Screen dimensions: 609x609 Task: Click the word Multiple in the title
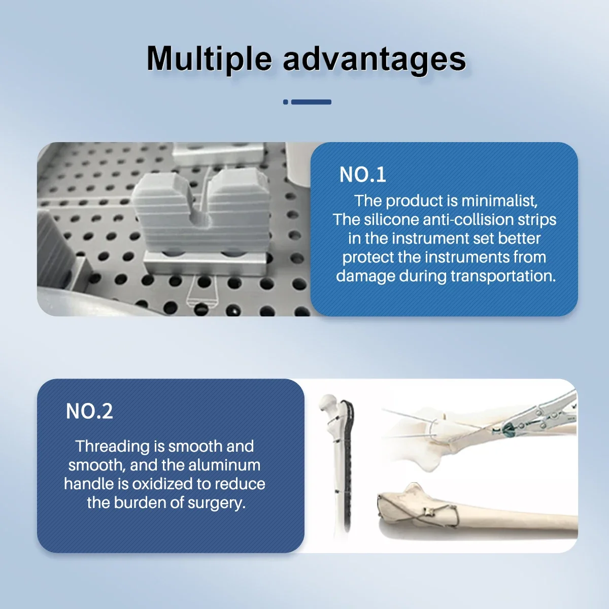[x=209, y=59]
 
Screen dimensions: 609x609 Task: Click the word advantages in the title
[x=374, y=59]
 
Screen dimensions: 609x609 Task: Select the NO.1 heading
[x=362, y=175]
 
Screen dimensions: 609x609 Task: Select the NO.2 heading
[x=89, y=411]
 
